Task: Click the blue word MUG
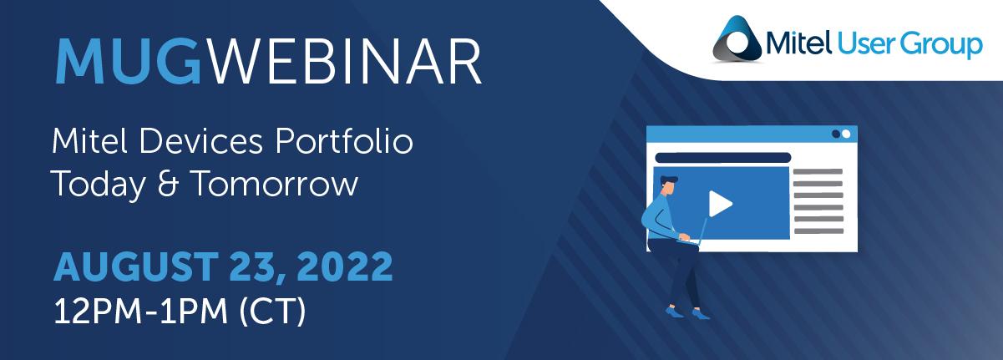coord(128,61)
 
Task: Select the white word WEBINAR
coord(346,61)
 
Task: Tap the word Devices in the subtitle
coord(200,141)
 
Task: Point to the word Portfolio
coord(344,141)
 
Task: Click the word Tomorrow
coord(275,183)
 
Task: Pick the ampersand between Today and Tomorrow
coord(169,184)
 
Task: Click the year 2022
coord(344,266)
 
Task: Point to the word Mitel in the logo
coord(798,43)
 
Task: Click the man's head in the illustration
coord(668,185)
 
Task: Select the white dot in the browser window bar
coord(846,134)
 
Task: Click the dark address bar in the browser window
coord(722,158)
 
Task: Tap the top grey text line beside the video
coord(818,171)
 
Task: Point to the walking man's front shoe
coord(702,314)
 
